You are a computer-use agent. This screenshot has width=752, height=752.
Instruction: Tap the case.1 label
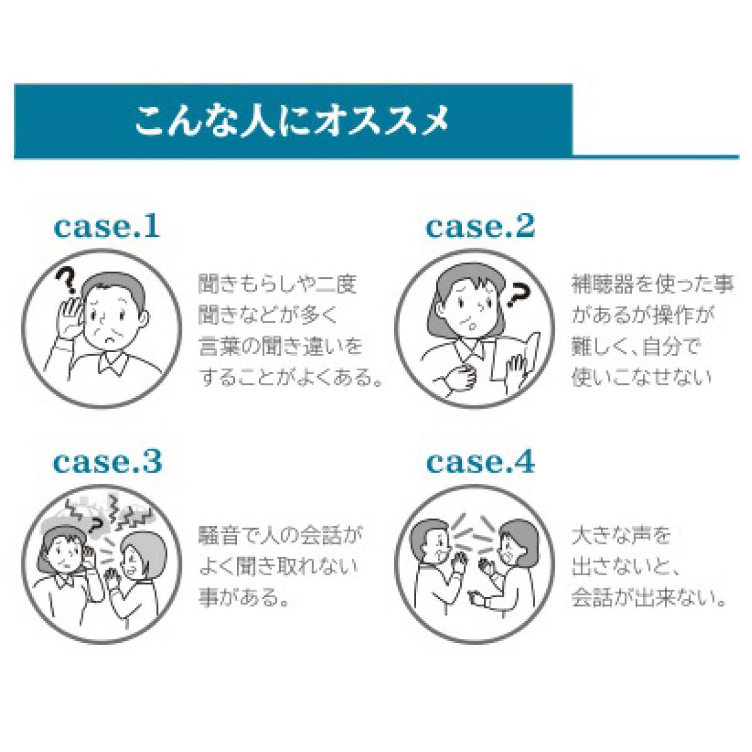107,227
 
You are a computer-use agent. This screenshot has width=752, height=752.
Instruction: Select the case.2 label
480,227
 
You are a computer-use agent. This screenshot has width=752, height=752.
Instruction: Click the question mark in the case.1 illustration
66,280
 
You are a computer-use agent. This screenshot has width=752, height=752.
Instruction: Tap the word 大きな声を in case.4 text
621,535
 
